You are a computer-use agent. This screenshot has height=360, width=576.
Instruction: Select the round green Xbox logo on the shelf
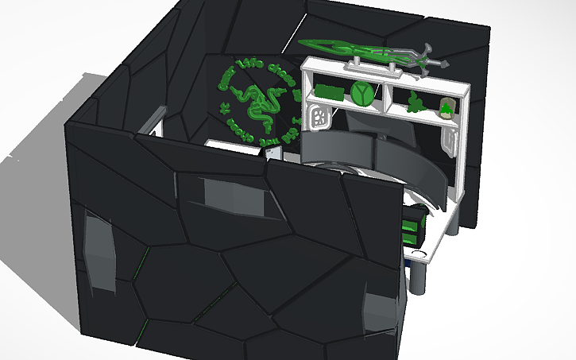(x=363, y=92)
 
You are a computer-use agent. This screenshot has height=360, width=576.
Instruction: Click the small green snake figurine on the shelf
(x=415, y=102)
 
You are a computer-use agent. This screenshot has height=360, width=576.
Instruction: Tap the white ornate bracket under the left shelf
(x=319, y=117)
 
